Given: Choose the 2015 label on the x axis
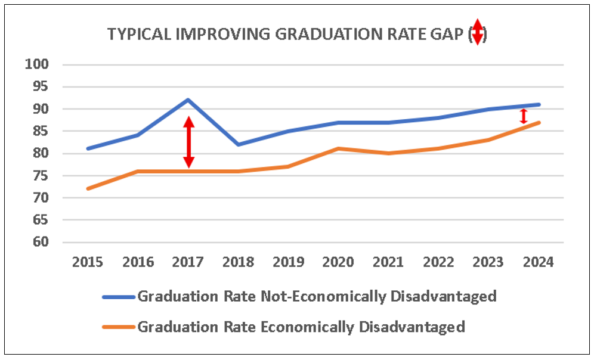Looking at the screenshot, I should pos(87,262).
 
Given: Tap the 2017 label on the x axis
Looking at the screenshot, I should pos(188,262).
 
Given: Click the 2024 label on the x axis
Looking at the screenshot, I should pos(538,262).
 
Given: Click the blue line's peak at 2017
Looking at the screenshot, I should pos(188,100).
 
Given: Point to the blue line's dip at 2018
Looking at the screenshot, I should pos(239,144).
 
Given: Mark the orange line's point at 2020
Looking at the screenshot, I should pos(339,148).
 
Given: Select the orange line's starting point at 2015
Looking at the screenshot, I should pos(88,188).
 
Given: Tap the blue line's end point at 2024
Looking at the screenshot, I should pos(539,104).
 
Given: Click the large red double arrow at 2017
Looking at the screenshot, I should pos(188,142).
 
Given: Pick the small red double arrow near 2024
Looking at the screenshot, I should pos(524,116).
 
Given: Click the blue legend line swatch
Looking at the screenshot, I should pos(118,297).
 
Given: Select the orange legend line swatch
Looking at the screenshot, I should pos(118,327).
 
